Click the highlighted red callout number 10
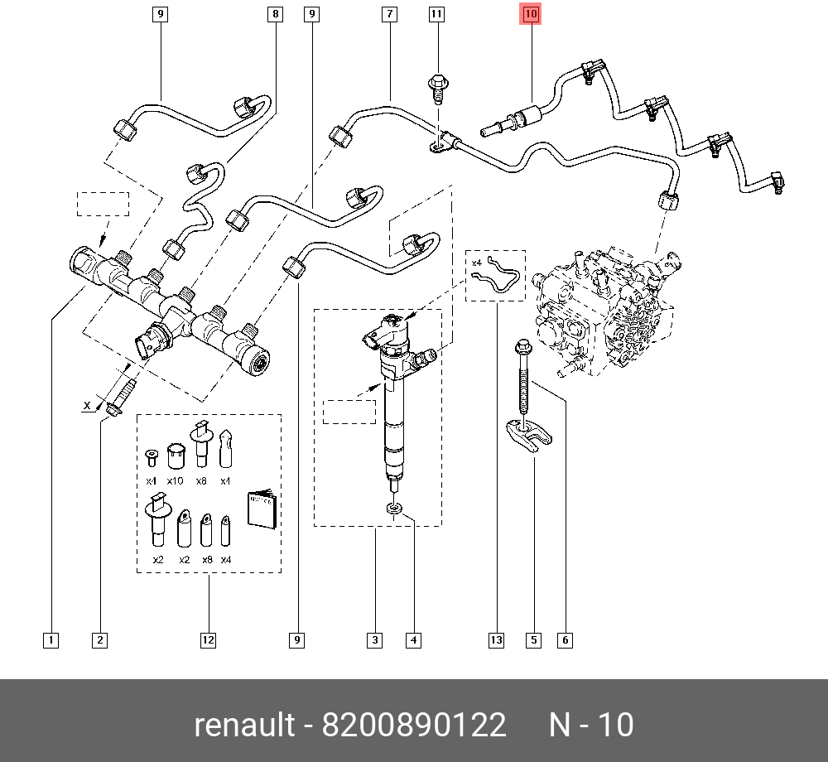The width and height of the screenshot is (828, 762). pos(530,13)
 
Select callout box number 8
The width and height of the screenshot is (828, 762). pos(275,13)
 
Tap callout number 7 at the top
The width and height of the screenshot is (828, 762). pos(388,13)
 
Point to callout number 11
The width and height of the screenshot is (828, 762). pos(436,13)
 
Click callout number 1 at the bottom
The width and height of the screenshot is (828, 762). pos(51,639)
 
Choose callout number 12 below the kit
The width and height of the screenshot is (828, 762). pos(208,639)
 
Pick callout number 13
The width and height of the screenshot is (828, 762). pos(496,639)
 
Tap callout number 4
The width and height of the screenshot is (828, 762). pos(413,639)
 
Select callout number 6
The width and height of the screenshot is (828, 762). pos(565,639)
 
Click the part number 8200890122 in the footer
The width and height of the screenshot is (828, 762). pos(413,725)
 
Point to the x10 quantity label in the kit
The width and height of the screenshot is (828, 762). pos(175,480)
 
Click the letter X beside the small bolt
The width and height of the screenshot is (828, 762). pos(86,405)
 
